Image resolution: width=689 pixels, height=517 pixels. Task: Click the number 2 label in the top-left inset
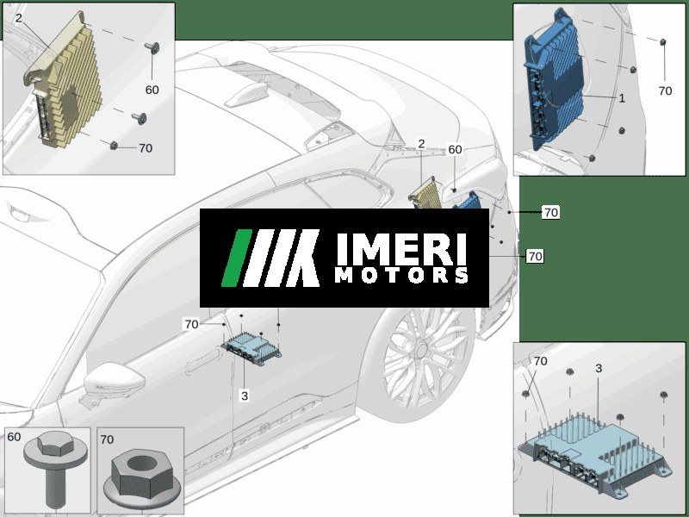[x=18, y=18]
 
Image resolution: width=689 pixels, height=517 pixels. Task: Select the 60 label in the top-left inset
[x=152, y=90]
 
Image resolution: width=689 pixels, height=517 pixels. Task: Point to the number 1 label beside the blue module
[x=622, y=98]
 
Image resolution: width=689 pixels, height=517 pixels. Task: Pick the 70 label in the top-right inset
[x=665, y=90]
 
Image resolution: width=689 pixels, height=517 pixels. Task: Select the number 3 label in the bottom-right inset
[x=599, y=369]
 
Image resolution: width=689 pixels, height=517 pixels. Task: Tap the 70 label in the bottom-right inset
[x=540, y=361]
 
